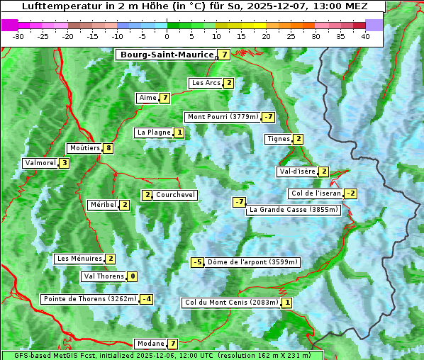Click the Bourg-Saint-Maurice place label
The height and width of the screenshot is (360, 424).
pyautogui.click(x=167, y=55)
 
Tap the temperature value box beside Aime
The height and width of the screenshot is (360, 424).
pyautogui.click(x=164, y=98)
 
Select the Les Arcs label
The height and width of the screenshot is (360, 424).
pyautogui.click(x=206, y=83)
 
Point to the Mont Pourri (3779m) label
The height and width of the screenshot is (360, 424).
pyautogui.click(x=222, y=117)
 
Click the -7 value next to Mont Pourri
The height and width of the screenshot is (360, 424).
pyautogui.click(x=267, y=117)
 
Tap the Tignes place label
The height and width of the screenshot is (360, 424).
pyautogui.click(x=278, y=139)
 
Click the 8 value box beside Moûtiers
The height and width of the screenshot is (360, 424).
pyautogui.click(x=108, y=148)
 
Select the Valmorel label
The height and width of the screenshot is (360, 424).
pyautogui.click(x=40, y=163)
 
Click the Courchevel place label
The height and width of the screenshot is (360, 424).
pyautogui.click(x=175, y=195)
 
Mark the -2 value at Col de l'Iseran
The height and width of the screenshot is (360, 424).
pyautogui.click(x=350, y=193)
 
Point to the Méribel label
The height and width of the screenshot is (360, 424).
pyautogui.click(x=103, y=205)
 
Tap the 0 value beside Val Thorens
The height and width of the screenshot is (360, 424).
pyautogui.click(x=132, y=276)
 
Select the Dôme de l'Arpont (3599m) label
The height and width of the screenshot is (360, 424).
pyautogui.click(x=252, y=262)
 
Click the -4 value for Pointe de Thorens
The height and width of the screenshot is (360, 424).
pyautogui.click(x=146, y=299)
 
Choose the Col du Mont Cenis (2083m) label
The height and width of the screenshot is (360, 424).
pyautogui.click(x=230, y=303)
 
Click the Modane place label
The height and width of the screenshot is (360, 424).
pyautogui.click(x=150, y=344)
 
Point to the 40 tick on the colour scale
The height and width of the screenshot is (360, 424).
pyautogui.click(x=365, y=35)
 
